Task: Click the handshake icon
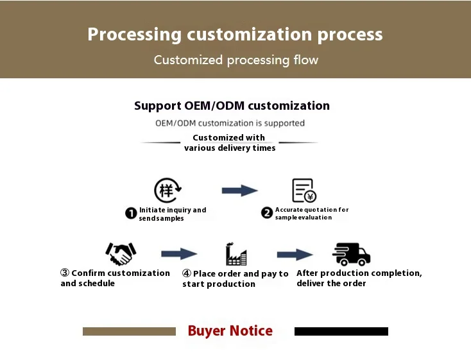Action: click(121, 254)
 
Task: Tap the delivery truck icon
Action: click(351, 254)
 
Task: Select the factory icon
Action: click(236, 254)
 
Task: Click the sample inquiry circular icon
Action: click(167, 190)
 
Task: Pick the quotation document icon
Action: click(304, 191)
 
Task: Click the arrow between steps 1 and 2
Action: click(240, 191)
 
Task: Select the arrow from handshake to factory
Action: click(179, 254)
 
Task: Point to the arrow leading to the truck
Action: click(295, 255)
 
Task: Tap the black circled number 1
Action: click(131, 213)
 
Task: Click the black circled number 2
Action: click(267, 213)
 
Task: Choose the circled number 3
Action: click(65, 273)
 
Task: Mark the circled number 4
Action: click(187, 273)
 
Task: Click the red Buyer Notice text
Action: click(230, 331)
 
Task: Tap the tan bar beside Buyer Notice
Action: click(129, 332)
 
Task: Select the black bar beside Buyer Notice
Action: click(341, 332)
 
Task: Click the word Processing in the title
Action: click(135, 35)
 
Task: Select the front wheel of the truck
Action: click(363, 262)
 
